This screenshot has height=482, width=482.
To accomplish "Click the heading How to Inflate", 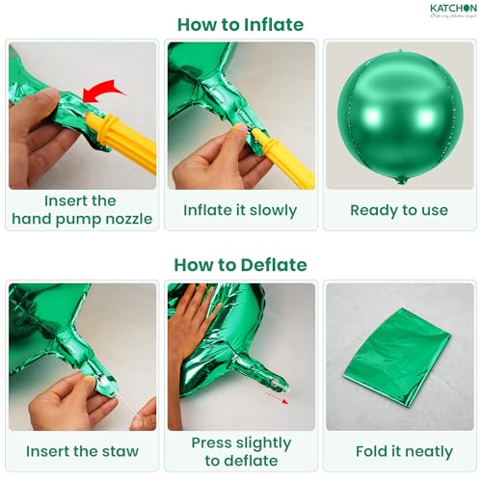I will point(240,25).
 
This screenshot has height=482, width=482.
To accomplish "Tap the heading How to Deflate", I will point(240,264).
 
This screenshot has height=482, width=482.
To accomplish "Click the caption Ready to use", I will point(399,210).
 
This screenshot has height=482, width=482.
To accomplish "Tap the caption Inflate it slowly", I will point(240,210).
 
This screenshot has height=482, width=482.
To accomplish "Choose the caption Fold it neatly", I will point(399,451).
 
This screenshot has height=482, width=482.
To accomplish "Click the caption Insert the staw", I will point(82,451).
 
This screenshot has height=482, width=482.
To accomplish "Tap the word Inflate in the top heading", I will point(273,25).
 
